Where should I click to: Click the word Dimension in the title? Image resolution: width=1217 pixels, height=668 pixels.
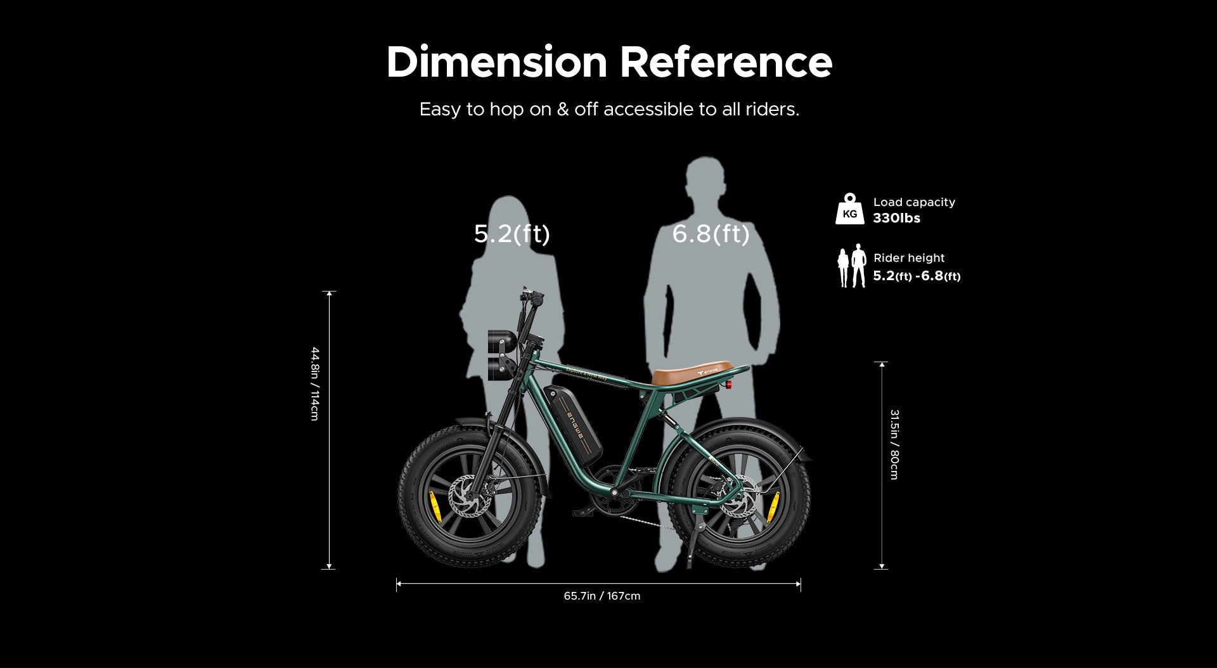pos(496,63)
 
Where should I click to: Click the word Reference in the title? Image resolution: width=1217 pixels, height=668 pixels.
pos(725,63)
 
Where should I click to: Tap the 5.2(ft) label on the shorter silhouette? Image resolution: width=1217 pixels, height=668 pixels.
pos(512,234)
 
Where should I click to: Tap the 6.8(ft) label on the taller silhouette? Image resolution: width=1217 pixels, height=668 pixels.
pos(711,234)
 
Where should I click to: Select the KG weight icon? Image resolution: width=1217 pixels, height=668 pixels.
pos(849,210)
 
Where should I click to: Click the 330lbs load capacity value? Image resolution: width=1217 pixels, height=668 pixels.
pos(896,218)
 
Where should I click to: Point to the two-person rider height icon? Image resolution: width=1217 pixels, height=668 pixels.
pos(851,266)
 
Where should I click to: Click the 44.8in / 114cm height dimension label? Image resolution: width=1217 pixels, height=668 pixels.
pos(315,383)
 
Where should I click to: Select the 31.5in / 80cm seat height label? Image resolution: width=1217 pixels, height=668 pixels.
pos(894,444)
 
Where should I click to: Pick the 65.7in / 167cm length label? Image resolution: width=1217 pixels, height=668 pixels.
pos(602,596)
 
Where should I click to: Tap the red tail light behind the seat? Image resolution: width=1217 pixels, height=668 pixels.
pos(730,385)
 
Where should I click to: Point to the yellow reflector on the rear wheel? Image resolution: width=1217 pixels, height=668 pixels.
pos(773,505)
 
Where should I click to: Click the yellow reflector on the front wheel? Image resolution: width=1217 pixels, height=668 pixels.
pos(435,506)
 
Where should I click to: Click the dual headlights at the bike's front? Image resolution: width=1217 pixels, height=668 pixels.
pos(501,355)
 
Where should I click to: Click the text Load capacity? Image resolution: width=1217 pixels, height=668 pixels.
pos(913,202)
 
